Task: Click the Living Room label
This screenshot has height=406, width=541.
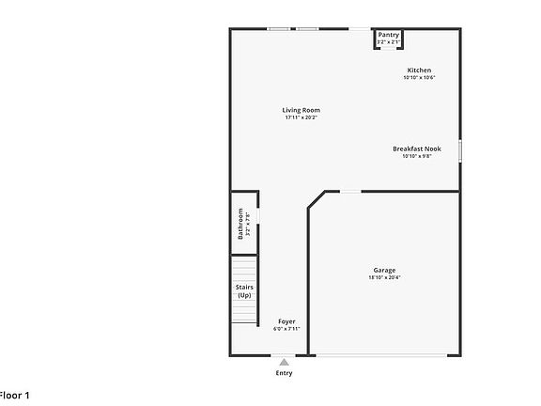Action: coord(301,110)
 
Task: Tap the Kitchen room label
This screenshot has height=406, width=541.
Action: coord(419,70)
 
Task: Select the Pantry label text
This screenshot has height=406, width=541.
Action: coord(389,35)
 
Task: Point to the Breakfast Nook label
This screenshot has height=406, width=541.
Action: coord(417,148)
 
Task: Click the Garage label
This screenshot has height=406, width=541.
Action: coord(384,270)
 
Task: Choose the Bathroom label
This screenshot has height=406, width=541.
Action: coord(240,223)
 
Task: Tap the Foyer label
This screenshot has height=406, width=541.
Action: coord(286,321)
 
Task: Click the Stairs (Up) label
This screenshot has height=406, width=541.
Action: coord(244,291)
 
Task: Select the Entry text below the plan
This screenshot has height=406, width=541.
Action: coord(284,373)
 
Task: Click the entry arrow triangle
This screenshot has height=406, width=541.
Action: coord(284,360)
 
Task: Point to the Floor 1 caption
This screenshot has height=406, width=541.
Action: coord(15,396)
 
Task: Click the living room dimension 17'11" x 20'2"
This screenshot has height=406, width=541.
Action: coord(301,117)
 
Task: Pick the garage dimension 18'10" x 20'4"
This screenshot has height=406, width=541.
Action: coord(384,277)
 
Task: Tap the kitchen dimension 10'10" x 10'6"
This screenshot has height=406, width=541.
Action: coord(419,78)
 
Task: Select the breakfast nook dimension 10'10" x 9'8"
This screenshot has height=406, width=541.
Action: coord(417,156)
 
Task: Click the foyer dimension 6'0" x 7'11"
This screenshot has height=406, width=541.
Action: coord(286,329)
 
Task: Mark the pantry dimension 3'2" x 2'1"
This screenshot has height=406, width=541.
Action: coord(389,42)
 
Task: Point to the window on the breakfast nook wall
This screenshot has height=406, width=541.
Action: coord(460,150)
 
